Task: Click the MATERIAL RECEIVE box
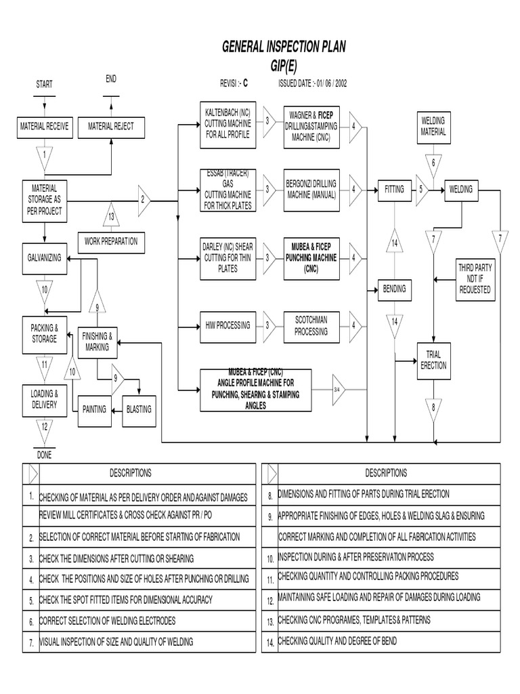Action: pyautogui.click(x=44, y=126)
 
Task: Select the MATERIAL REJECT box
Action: pyautogui.click(x=111, y=126)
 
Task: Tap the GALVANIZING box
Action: pyautogui.click(x=44, y=258)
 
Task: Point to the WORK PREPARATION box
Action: pyautogui.click(x=110, y=241)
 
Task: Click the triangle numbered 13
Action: pyautogui.click(x=111, y=216)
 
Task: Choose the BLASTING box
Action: pyautogui.click(x=139, y=409)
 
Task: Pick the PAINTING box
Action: pyautogui.click(x=94, y=409)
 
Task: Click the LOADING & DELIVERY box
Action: pyautogui.click(x=44, y=399)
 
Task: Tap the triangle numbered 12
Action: pyautogui.click(x=44, y=428)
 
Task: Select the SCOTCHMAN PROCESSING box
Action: pyautogui.click(x=311, y=326)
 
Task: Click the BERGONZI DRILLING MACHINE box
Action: pyautogui.click(x=312, y=190)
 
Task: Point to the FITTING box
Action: pyautogui.click(x=394, y=189)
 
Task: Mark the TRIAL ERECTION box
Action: pyautogui.click(x=433, y=360)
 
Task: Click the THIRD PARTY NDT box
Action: pyautogui.click(x=475, y=279)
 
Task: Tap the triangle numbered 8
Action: pyautogui.click(x=433, y=409)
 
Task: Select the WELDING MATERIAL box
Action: pyautogui.click(x=433, y=126)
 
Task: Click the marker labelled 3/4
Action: pyautogui.click(x=339, y=390)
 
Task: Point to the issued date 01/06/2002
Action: pyautogui.click(x=330, y=83)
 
